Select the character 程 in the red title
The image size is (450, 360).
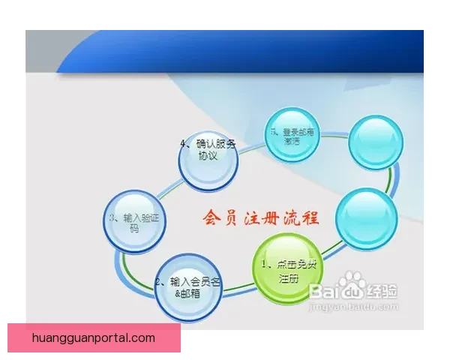point(310,219)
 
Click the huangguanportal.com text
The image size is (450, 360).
point(94,337)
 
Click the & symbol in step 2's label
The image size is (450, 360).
point(178,294)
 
